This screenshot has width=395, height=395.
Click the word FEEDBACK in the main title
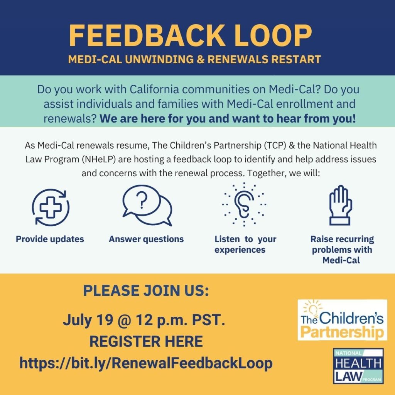(147, 35)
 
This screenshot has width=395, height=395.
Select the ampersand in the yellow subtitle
(201, 59)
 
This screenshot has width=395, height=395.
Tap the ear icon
(244, 204)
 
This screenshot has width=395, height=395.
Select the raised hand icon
(341, 205)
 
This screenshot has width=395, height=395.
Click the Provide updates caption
(50, 239)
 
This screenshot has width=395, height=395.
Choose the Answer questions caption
(146, 239)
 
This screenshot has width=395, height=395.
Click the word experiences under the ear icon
(240, 250)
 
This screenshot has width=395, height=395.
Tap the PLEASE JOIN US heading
(146, 290)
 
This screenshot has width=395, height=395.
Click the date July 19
(88, 320)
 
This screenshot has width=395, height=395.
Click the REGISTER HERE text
(146, 341)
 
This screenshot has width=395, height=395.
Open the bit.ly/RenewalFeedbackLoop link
(146, 363)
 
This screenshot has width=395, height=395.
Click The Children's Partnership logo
(343, 320)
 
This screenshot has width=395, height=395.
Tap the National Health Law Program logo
(358, 366)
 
